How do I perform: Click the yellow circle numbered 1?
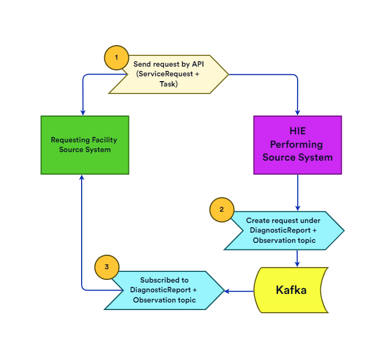pyautogui.click(x=117, y=56)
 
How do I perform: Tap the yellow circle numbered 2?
pyautogui.click(x=221, y=210)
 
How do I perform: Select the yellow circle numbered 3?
pyautogui.click(x=106, y=267)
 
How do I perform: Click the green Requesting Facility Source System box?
pyautogui.click(x=85, y=145)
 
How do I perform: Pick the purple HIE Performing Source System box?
pyautogui.click(x=298, y=145)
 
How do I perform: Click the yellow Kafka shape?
pyautogui.click(x=291, y=290)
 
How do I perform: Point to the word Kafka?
pyautogui.click(x=291, y=290)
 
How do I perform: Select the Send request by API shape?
pyautogui.click(x=169, y=74)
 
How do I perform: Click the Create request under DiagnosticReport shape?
pyautogui.click(x=284, y=231)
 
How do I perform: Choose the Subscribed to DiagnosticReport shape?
pyautogui.click(x=164, y=290)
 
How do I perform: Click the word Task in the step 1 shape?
pyautogui.click(x=169, y=84)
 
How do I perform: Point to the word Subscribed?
pyautogui.click(x=164, y=280)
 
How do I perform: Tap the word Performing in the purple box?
pyautogui.click(x=297, y=145)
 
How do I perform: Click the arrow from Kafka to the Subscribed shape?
pyautogui.click(x=239, y=291)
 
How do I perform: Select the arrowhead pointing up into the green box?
pyautogui.click(x=82, y=178)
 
